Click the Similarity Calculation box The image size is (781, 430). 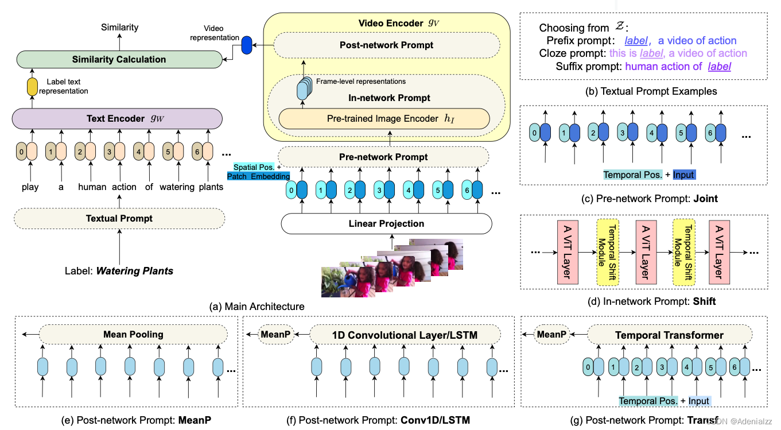[x=119, y=59]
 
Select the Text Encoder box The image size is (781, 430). [x=117, y=119]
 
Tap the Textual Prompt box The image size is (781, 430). [x=119, y=218]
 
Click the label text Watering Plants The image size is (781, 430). [x=134, y=270]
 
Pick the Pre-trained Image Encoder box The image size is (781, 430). [x=384, y=119]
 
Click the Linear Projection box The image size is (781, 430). [x=386, y=223]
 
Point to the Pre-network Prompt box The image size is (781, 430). [x=383, y=157]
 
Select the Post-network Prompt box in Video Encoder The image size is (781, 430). [x=386, y=45]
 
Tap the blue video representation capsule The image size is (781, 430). [x=247, y=45]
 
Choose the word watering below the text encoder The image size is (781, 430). [x=177, y=187]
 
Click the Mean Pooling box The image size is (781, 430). [x=133, y=334]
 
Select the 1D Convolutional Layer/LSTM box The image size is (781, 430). [x=405, y=335]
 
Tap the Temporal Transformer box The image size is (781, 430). [x=669, y=335]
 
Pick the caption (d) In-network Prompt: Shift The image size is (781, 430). [x=648, y=301]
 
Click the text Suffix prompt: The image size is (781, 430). [x=588, y=67]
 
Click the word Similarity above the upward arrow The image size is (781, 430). [x=119, y=27]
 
